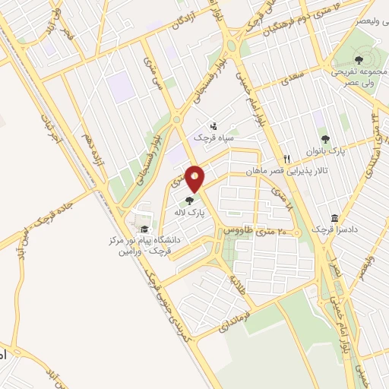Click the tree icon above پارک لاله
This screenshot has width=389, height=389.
click(188, 200)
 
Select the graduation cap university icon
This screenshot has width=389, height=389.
click(143, 229)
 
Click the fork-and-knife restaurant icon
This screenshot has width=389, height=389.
click(286, 159)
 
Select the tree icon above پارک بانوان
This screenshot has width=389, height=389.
click(325, 139)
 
